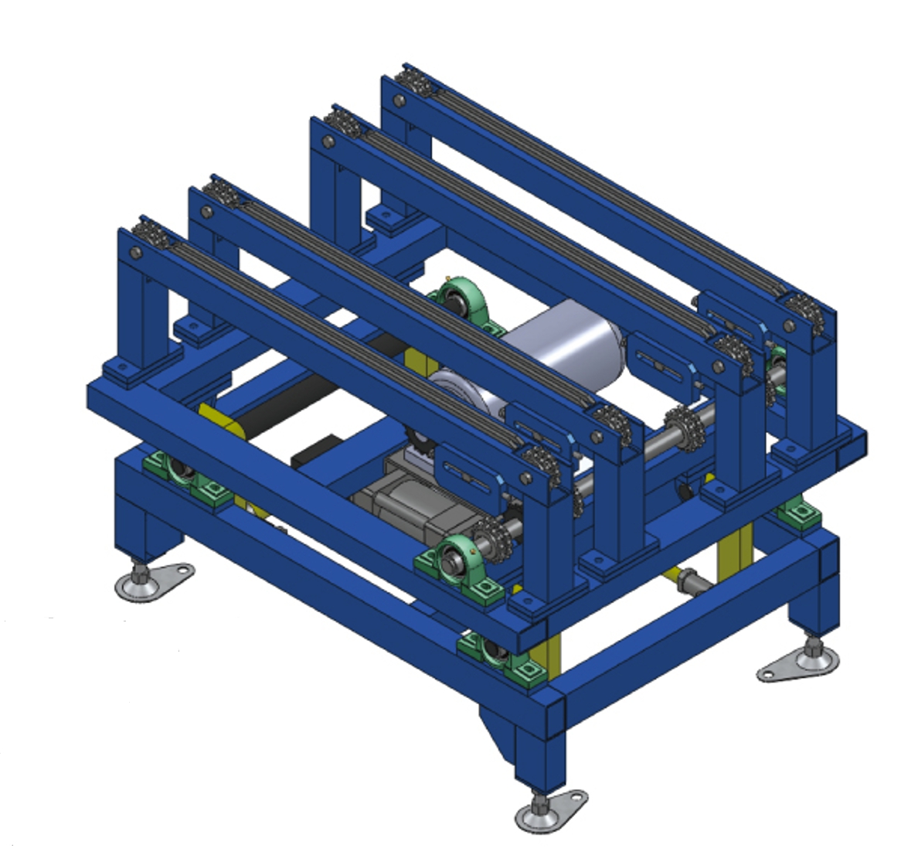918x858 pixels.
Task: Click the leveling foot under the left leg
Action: [151, 582]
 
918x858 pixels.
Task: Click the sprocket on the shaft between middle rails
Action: [682, 428]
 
